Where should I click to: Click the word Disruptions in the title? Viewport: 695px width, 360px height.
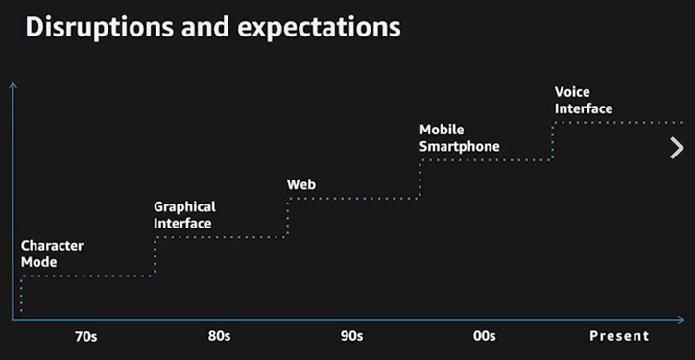click(100, 28)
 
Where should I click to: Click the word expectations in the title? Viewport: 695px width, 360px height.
click(319, 29)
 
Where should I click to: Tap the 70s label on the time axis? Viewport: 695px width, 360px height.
click(86, 337)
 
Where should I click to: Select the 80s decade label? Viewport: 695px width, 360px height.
click(220, 336)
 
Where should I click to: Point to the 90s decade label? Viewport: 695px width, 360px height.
click(352, 336)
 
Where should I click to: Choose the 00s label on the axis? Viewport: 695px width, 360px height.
click(485, 336)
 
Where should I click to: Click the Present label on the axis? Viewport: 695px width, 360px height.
click(619, 336)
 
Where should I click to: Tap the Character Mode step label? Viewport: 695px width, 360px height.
click(52, 253)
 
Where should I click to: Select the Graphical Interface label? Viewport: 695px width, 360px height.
click(185, 215)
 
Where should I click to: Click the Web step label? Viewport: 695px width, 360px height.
click(301, 184)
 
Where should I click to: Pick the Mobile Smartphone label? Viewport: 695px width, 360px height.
click(460, 138)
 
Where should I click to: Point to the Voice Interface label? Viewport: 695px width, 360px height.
click(584, 100)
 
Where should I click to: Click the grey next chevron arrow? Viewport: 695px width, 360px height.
click(678, 148)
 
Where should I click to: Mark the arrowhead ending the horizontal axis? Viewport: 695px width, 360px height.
click(683, 320)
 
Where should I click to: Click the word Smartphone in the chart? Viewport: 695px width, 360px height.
click(460, 146)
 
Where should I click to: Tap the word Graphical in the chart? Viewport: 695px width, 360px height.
click(185, 207)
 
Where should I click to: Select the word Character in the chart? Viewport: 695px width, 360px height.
click(52, 246)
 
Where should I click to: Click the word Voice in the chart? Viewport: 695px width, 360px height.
click(572, 92)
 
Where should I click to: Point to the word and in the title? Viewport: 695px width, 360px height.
click(205, 28)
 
